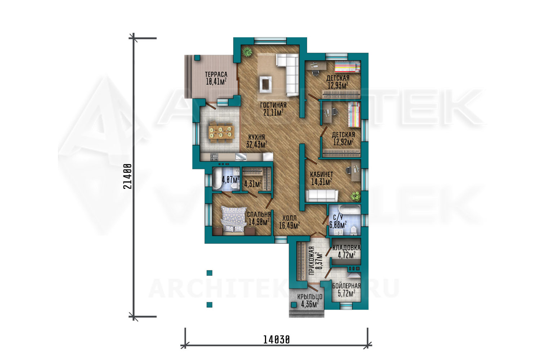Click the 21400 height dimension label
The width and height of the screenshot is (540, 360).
coord(127,176)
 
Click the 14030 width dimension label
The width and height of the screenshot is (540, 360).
coord(276,340)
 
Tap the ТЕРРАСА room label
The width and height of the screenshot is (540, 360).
coord(216,75)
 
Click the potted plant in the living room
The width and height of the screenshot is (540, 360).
coord(247,51)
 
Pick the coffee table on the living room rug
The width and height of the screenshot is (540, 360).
coord(265,84)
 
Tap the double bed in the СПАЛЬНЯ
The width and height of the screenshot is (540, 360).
coord(233,220)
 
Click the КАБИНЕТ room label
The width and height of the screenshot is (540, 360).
coord(321,174)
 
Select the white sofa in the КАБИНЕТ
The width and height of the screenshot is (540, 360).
coord(322,195)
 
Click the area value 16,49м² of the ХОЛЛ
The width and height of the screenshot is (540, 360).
coord(289,226)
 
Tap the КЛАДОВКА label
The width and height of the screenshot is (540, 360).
coord(346,248)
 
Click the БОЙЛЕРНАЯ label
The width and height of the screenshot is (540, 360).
coord(346,286)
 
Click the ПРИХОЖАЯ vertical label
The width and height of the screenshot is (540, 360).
coord(312,261)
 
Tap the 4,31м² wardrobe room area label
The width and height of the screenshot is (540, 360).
coord(253,184)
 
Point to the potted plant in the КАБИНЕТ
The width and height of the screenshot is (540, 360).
coord(355,196)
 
